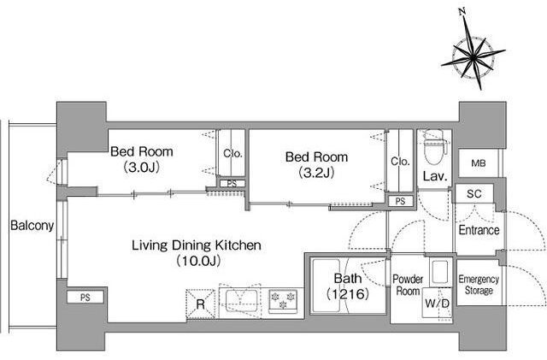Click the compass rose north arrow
tap(473, 50)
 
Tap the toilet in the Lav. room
tap(434, 146)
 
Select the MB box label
tap(479, 163)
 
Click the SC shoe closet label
tap(473, 194)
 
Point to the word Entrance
tap(479, 230)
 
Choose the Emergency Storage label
tap(479, 285)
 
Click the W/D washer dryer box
tap(437, 303)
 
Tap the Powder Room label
tap(408, 285)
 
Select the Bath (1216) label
tap(348, 286)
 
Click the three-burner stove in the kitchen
tap(283, 301)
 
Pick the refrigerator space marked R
tap(200, 304)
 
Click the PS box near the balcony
tap(85, 298)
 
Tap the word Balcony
tap(32, 226)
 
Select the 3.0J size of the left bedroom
tap(142, 168)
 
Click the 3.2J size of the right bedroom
tap(316, 173)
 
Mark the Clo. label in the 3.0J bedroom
tap(232, 153)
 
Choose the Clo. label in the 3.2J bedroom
tap(400, 161)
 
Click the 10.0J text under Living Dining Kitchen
tap(198, 261)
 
